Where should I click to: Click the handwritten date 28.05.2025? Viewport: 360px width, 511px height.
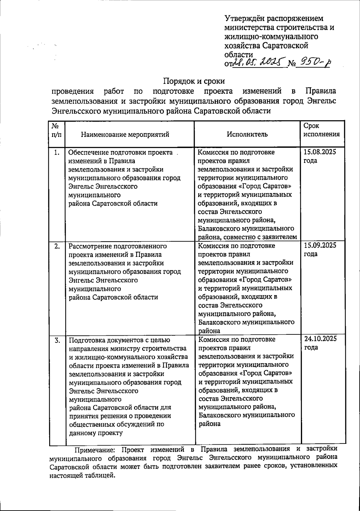click(x=257, y=62)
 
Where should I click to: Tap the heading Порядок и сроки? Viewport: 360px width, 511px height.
click(x=194, y=81)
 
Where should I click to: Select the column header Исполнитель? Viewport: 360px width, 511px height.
click(x=247, y=134)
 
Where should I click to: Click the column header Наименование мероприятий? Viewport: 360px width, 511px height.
click(x=125, y=135)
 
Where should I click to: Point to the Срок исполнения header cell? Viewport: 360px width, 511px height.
click(x=321, y=130)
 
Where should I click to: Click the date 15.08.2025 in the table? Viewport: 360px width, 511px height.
click(x=320, y=152)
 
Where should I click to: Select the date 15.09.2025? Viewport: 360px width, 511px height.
click(x=320, y=245)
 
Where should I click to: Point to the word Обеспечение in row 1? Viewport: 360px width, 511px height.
click(x=89, y=153)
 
